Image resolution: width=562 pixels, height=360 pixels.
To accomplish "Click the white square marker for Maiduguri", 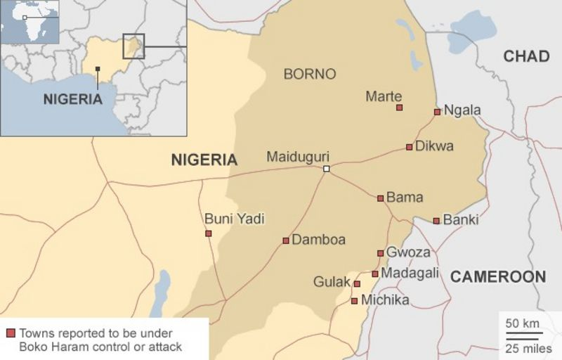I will click(x=326, y=169).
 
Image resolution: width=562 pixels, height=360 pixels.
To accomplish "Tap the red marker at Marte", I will click(x=399, y=108).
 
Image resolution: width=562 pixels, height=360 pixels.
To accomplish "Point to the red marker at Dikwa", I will click(x=409, y=147).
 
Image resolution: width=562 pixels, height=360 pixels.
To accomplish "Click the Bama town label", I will click(x=405, y=198).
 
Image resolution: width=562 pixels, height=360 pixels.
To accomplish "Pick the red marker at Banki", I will click(x=436, y=221).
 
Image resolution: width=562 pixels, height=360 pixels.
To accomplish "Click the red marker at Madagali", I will click(x=375, y=274).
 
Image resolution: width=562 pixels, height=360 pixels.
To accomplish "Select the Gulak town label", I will click(x=332, y=282).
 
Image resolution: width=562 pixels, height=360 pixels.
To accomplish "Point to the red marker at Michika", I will click(x=354, y=301).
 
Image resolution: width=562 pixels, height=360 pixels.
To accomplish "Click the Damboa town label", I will click(x=318, y=240).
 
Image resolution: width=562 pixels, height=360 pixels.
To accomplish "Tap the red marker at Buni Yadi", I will click(x=208, y=233).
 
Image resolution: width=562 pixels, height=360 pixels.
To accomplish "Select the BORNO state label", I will click(x=309, y=74).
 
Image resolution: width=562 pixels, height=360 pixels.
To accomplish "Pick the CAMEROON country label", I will click(x=497, y=276).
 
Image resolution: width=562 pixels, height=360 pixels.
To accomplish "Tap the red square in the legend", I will click(x=11, y=333).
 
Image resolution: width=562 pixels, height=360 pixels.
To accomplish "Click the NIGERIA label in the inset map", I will click(x=72, y=99).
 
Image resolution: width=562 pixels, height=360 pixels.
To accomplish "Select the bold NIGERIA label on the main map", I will click(x=204, y=160).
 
